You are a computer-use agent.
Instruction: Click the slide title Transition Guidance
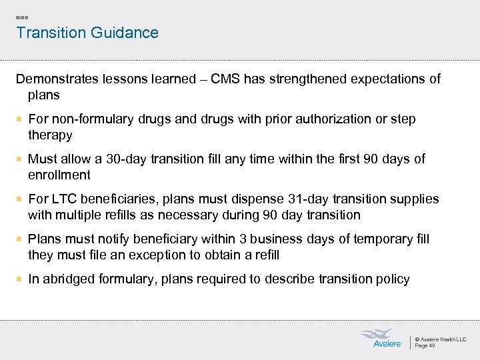(87, 33)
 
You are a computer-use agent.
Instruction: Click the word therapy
(49, 135)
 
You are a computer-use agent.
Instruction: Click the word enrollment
(59, 175)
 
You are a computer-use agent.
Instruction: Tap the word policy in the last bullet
(393, 279)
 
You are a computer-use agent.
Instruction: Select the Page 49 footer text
(425, 345)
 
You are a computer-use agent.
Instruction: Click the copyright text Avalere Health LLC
(441, 339)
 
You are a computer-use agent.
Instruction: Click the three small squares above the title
(22, 17)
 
